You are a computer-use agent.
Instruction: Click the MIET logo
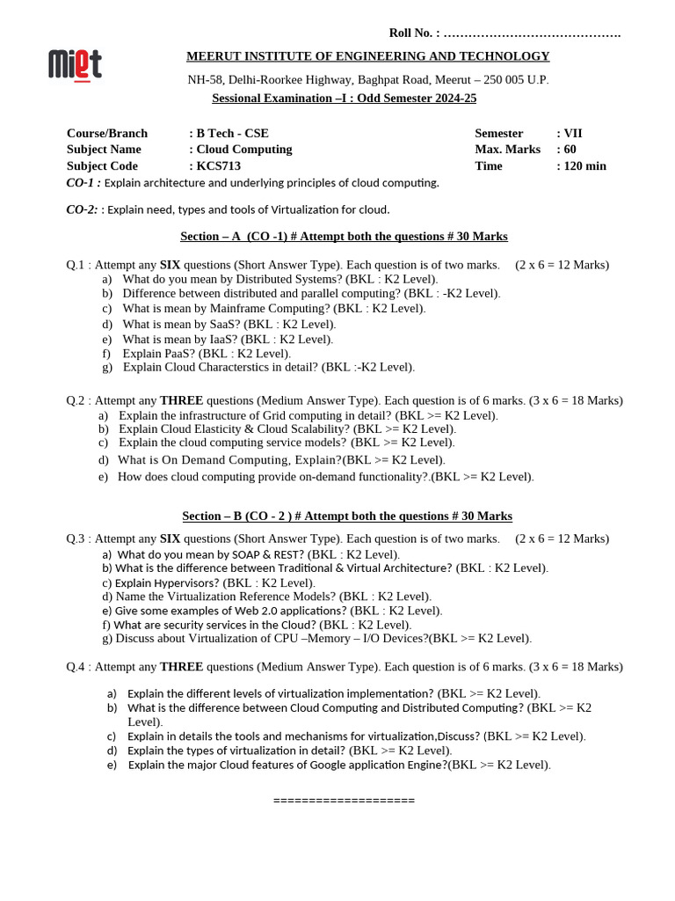click(x=75, y=65)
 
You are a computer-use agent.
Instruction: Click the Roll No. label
click(x=414, y=33)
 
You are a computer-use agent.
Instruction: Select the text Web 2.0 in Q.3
click(x=250, y=611)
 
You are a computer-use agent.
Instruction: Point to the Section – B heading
click(x=347, y=516)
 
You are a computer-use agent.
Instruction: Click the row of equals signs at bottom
click(x=344, y=801)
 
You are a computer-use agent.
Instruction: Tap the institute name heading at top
click(x=367, y=56)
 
